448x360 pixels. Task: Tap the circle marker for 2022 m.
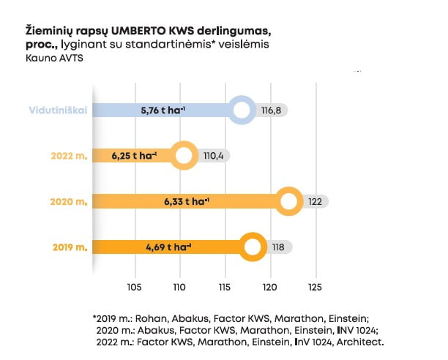(x=184, y=156)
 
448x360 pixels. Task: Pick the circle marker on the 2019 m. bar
(x=253, y=247)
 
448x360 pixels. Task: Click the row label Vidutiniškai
(x=58, y=110)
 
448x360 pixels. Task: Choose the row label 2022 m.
(x=69, y=156)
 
